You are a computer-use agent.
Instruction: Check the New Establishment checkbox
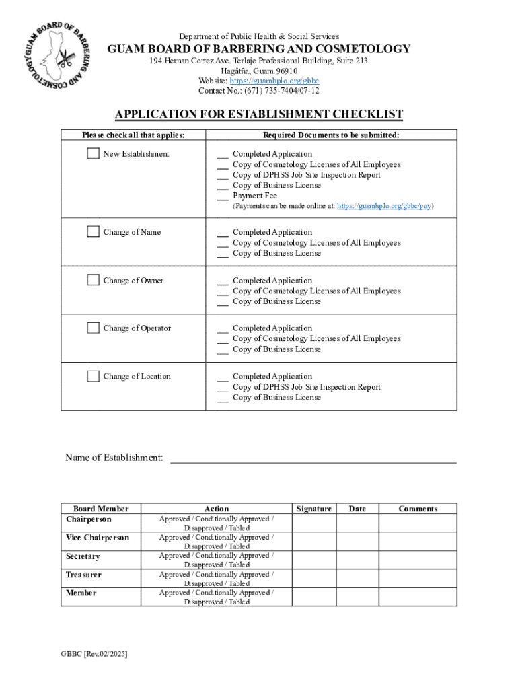point(93,154)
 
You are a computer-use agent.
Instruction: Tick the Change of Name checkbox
point(93,232)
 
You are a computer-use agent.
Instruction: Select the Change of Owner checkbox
point(93,281)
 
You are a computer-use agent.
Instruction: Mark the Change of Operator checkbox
point(93,328)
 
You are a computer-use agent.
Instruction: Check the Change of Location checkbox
point(93,376)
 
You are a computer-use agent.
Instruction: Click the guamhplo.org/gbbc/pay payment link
point(383,207)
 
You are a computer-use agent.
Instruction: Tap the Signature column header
point(313,509)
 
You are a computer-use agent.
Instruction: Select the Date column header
point(357,509)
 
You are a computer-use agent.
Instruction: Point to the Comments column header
point(418,509)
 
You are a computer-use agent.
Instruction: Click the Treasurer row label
point(83,575)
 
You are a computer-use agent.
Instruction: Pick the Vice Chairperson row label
point(98,538)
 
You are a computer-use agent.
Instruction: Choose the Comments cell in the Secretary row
point(418,560)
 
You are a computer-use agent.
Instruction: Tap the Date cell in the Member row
point(357,597)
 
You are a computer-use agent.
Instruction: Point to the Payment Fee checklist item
point(254,196)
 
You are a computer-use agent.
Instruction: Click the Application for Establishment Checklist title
point(258,114)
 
